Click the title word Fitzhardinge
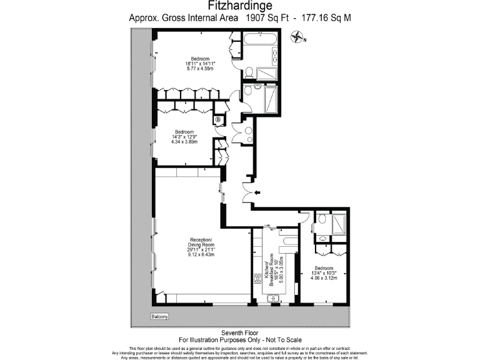[x=239, y=6]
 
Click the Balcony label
[x=160, y=317]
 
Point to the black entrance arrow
[x=258, y=193]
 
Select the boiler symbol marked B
[x=218, y=120]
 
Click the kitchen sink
[x=272, y=299]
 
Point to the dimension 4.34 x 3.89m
[x=184, y=142]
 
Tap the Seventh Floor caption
[x=239, y=332]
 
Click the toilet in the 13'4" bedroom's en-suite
[x=322, y=239]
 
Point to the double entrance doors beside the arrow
[x=249, y=192]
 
